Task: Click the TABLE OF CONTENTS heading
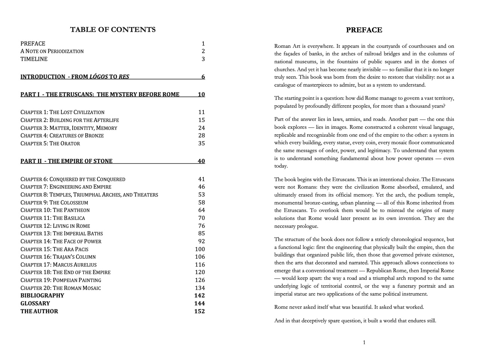[x=113, y=30]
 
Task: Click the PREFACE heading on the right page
[x=364, y=30]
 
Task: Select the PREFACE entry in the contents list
[x=33, y=44]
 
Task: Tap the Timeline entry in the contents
[x=34, y=59]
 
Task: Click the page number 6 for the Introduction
[x=203, y=77]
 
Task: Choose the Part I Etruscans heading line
[x=100, y=95]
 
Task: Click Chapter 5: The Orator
[x=50, y=143]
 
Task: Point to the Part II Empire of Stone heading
[x=67, y=161]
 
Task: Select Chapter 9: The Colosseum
[x=54, y=203]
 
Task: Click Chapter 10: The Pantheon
[x=55, y=210]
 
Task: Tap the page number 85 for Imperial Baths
[x=202, y=233]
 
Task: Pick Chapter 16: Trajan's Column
[x=58, y=257]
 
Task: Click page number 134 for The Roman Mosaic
[x=200, y=288]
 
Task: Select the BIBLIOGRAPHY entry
[x=42, y=296]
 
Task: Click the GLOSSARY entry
[x=35, y=304]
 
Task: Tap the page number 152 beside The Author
[x=199, y=311]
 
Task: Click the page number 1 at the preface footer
[x=364, y=342]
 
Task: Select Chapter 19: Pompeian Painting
[x=61, y=280]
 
